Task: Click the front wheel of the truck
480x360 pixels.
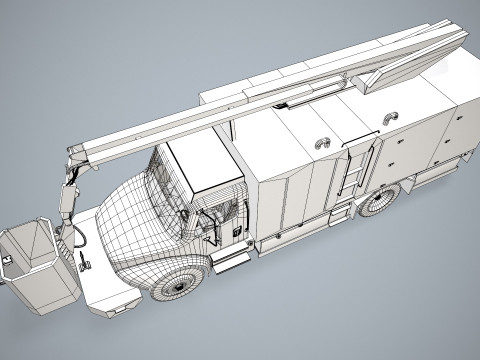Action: tap(181, 280)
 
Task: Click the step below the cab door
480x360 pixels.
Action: tap(232, 260)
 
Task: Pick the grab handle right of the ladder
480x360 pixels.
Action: tap(388, 118)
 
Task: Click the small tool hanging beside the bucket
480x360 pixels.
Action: tap(83, 262)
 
